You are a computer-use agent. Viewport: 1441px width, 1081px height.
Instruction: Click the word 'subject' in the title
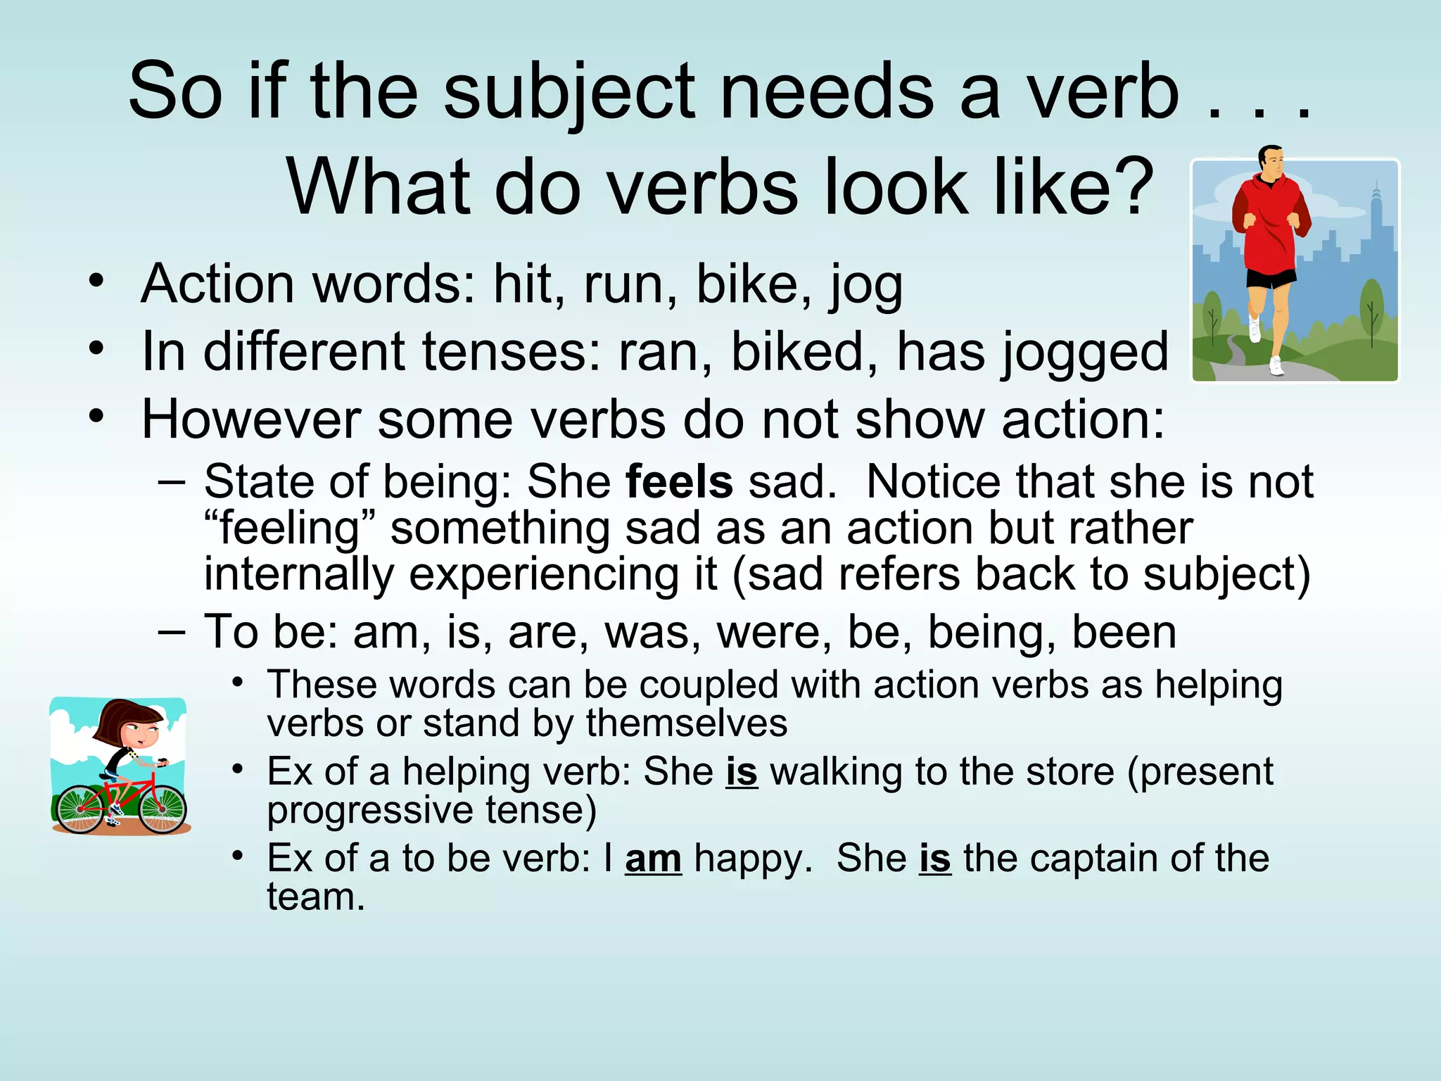[x=569, y=91]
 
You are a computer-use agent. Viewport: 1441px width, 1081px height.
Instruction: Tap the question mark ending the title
[x=1132, y=187]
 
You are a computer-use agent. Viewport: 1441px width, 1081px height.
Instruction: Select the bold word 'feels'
[x=679, y=482]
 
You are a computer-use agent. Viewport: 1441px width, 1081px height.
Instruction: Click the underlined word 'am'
[x=653, y=859]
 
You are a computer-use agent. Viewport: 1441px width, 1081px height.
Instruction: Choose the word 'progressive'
[x=370, y=810]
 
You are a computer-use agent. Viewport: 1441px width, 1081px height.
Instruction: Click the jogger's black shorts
[x=1271, y=278]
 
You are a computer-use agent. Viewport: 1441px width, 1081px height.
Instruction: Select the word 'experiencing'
[x=562, y=574]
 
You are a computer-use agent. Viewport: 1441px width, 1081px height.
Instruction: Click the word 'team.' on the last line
[x=316, y=897]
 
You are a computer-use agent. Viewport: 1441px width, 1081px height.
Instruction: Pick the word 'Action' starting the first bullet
[x=217, y=284]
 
